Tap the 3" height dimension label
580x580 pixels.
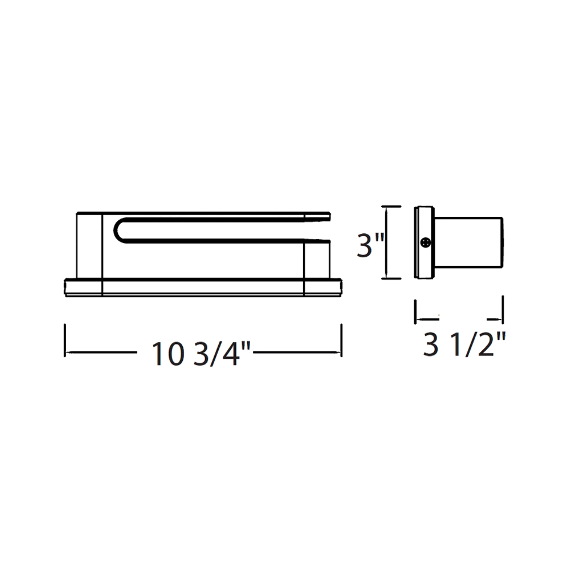pos(370,246)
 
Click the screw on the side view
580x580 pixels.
pos(426,242)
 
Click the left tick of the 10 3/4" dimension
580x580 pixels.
pos(65,340)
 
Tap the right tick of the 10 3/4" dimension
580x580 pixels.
pos(341,340)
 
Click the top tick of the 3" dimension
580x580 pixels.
pos(391,206)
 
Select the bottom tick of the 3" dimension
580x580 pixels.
pos(391,279)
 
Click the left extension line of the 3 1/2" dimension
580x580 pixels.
pos(415,312)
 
